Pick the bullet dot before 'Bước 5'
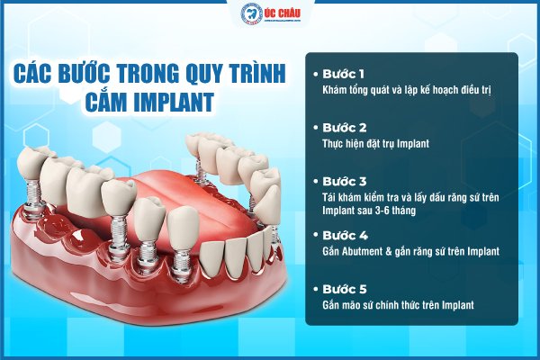pos(314,290)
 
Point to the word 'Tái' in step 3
pos(328,197)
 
